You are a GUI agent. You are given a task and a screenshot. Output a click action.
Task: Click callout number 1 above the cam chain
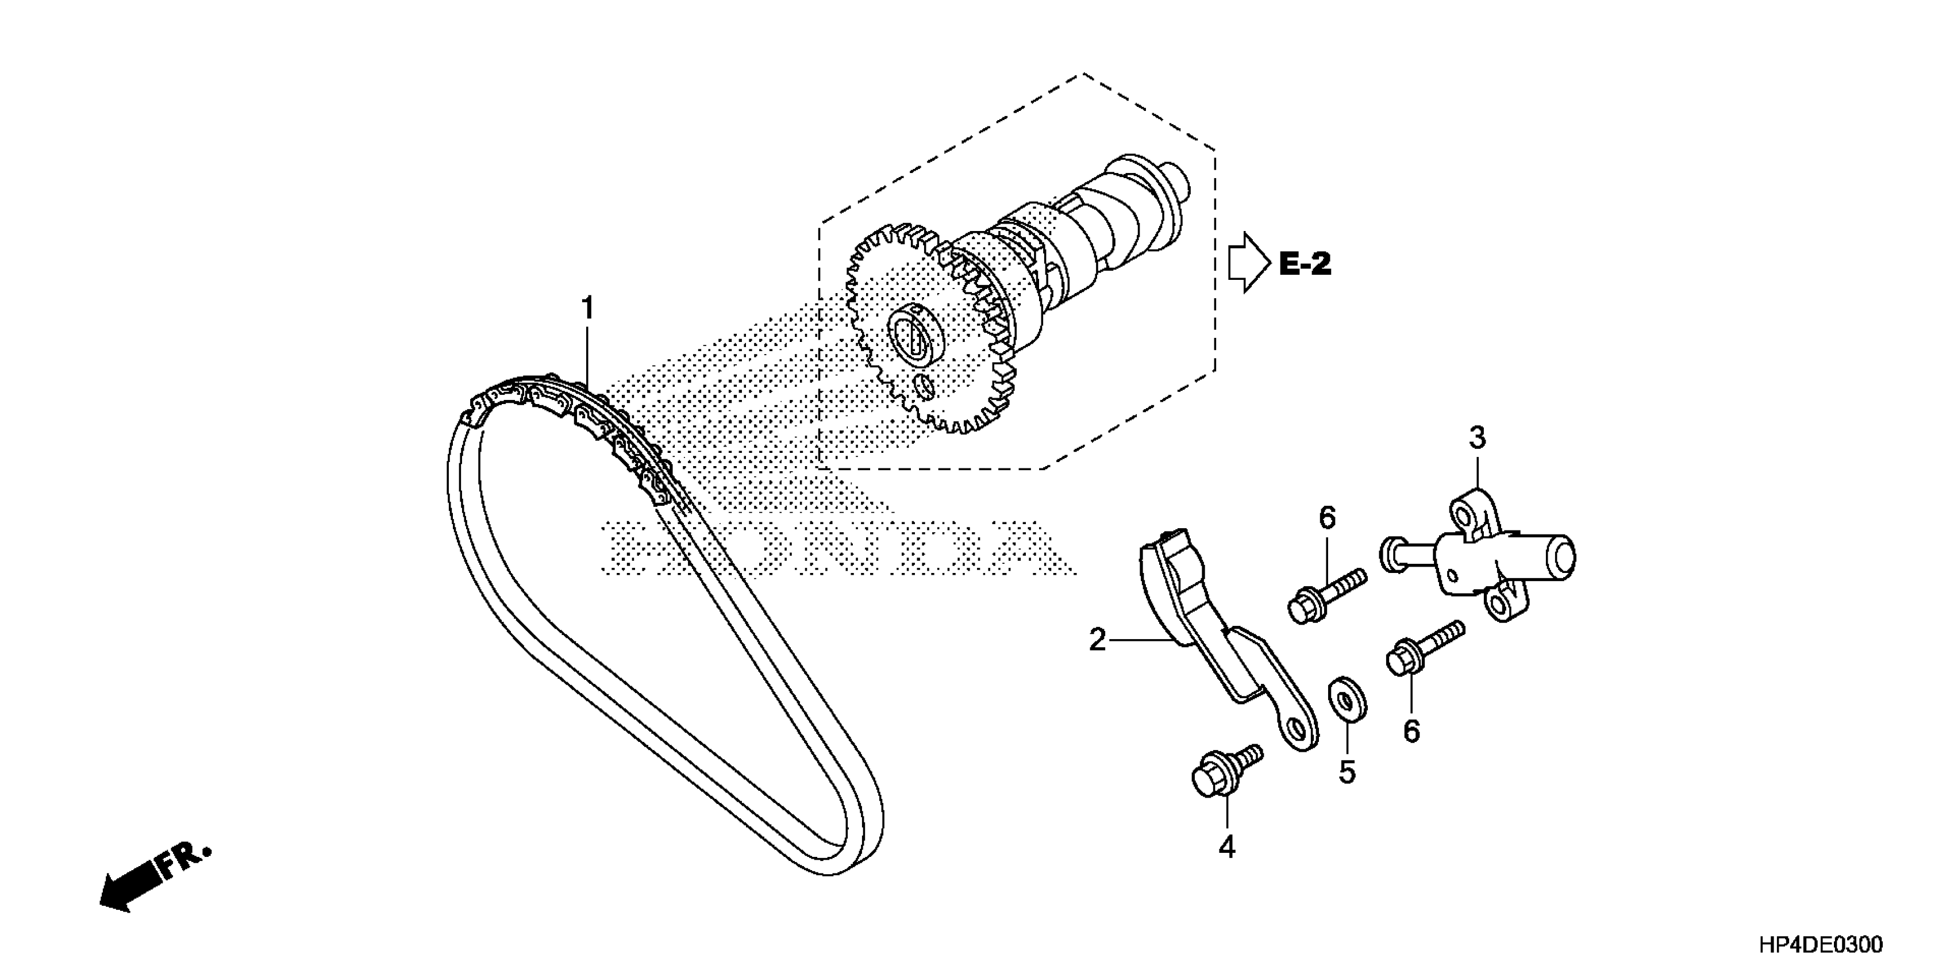pos(587,310)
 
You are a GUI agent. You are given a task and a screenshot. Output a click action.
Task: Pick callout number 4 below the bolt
pos(1226,847)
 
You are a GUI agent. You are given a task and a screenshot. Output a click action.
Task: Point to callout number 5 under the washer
pos(1347,772)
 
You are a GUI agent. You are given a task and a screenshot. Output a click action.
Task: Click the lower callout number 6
pos(1411,731)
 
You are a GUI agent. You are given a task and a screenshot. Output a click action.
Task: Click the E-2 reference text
pos(1305,264)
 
